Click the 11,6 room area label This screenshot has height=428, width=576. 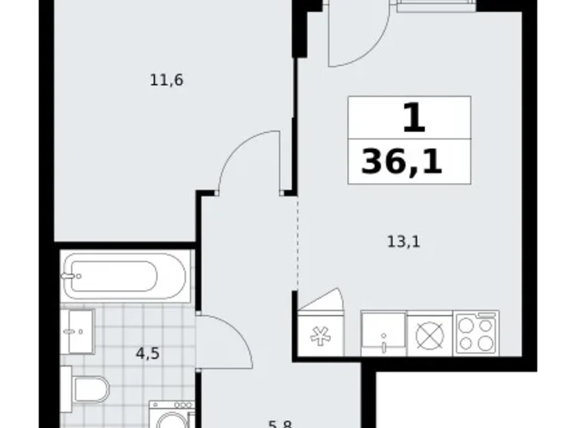166,80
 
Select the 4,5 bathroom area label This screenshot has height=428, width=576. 148,352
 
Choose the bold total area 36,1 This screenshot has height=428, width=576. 402,161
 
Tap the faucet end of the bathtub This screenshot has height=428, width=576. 72,277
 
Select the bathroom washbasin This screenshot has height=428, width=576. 78,331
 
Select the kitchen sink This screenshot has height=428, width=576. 383,334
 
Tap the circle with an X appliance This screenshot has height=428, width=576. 428,335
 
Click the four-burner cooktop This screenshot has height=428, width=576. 477,333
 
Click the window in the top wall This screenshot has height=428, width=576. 436,5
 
